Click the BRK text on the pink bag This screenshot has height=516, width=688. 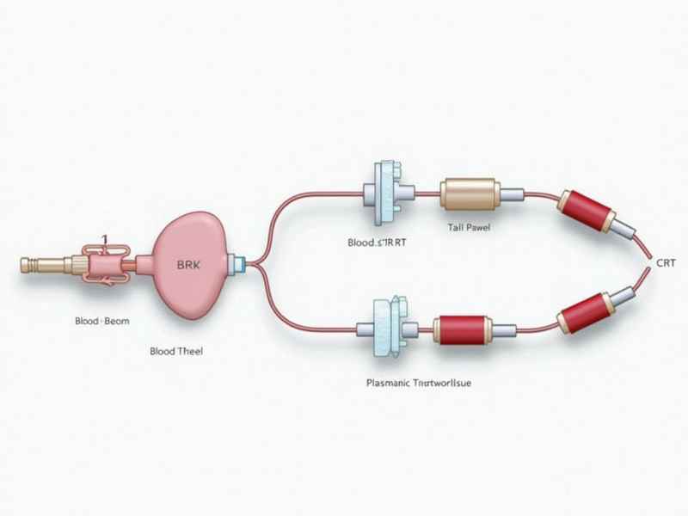[187, 266]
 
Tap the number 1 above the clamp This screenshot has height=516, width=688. [104, 239]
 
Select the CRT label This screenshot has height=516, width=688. [666, 265]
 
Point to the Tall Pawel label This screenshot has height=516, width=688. [470, 228]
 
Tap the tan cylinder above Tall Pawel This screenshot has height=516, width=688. [470, 193]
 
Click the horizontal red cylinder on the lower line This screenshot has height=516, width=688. [462, 328]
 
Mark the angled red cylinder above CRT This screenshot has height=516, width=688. [587, 212]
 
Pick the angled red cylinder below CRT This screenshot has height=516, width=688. [585, 311]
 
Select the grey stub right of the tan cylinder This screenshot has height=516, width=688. [513, 194]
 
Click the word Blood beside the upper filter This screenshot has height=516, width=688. [362, 243]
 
